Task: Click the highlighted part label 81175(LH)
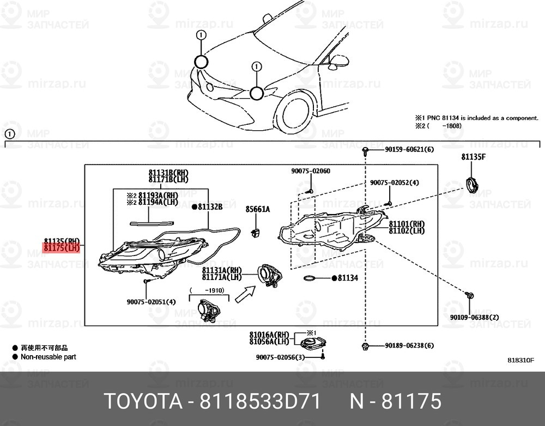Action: (62, 248)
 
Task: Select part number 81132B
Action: (210, 207)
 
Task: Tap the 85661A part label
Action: (257, 209)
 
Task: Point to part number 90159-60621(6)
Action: (409, 149)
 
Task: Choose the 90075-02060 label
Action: (310, 171)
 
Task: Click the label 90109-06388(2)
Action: (474, 317)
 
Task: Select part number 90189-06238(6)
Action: (409, 345)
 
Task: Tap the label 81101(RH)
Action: (407, 224)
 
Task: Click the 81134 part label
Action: (347, 278)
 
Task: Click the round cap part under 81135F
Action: (471, 184)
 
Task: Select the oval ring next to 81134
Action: (310, 279)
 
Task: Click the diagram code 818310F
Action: (520, 360)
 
